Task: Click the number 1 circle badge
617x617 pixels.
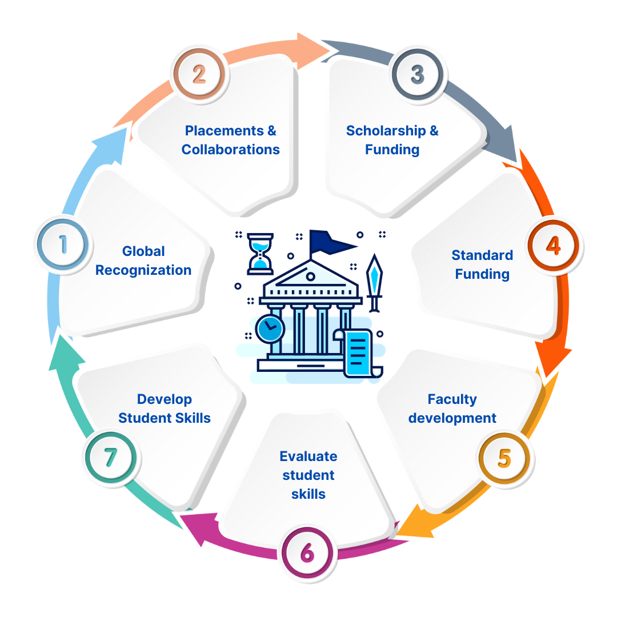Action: click(62, 245)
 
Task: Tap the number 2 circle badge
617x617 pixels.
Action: click(199, 75)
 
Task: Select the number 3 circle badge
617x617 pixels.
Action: click(418, 74)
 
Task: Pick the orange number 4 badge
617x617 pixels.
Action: click(553, 246)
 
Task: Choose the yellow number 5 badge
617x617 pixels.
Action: click(504, 458)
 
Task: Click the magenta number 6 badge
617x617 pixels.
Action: click(307, 552)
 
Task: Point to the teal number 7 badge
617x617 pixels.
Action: click(110, 457)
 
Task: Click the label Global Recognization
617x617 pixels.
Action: click(143, 261)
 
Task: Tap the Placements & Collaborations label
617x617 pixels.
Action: click(231, 140)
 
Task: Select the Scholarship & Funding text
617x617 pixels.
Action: click(392, 140)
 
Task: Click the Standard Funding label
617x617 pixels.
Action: click(482, 265)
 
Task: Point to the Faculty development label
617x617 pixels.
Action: click(452, 408)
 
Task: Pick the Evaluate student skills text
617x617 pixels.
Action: click(308, 475)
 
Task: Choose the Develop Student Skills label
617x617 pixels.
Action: click(165, 408)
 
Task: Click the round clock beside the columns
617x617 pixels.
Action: click(270, 330)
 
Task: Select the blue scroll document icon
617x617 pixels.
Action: click(357, 351)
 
